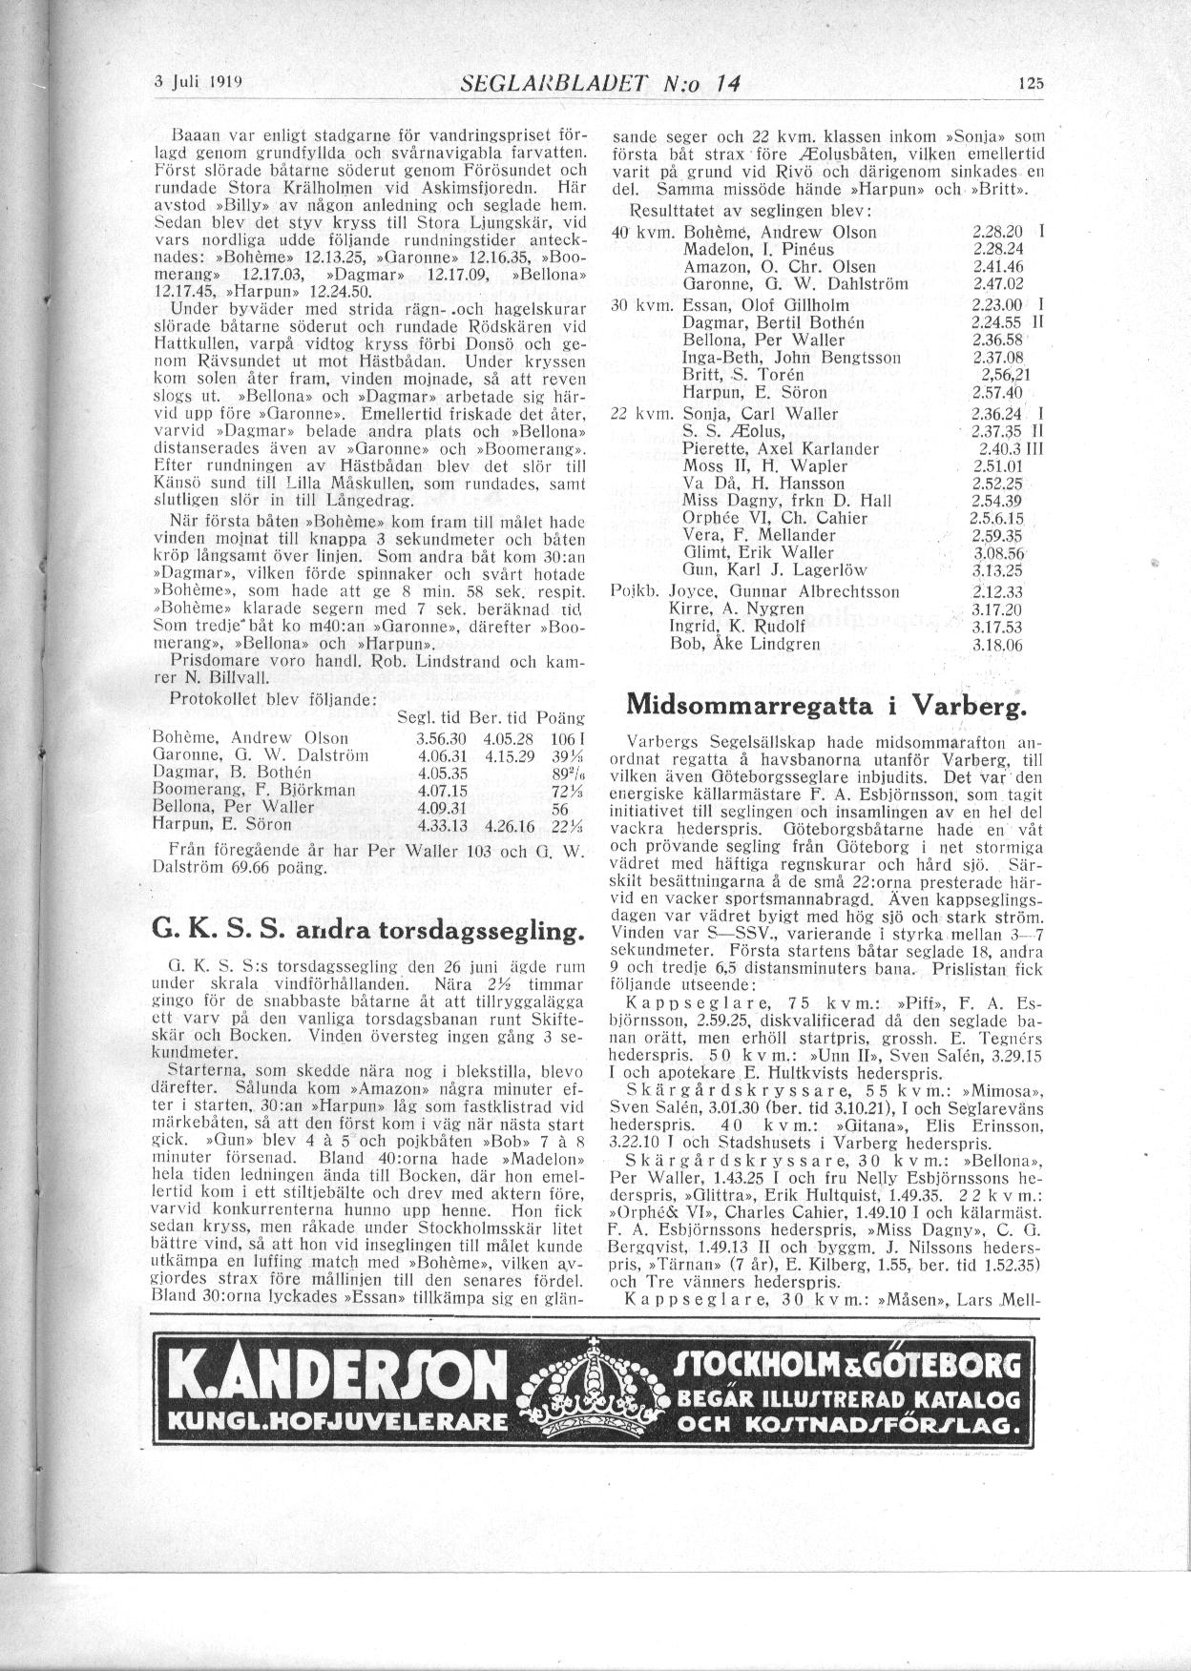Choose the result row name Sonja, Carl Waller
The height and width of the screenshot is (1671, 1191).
click(761, 414)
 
